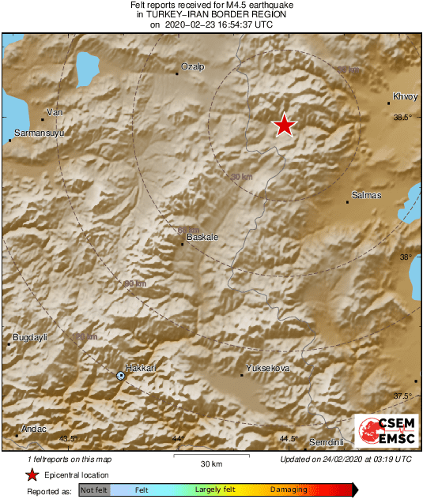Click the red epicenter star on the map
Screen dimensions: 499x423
tap(284, 125)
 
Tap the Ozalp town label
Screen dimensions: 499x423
tap(193, 67)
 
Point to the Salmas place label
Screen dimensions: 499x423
tap(366, 194)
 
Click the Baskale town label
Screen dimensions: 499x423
tap(201, 237)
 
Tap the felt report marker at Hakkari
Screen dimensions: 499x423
tap(121, 376)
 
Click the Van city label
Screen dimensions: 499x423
tap(55, 112)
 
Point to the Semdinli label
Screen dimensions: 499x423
tap(324, 441)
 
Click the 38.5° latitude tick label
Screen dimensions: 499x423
tap(403, 118)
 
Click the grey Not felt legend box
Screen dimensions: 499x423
tap(94, 490)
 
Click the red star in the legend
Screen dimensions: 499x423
tap(32, 475)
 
